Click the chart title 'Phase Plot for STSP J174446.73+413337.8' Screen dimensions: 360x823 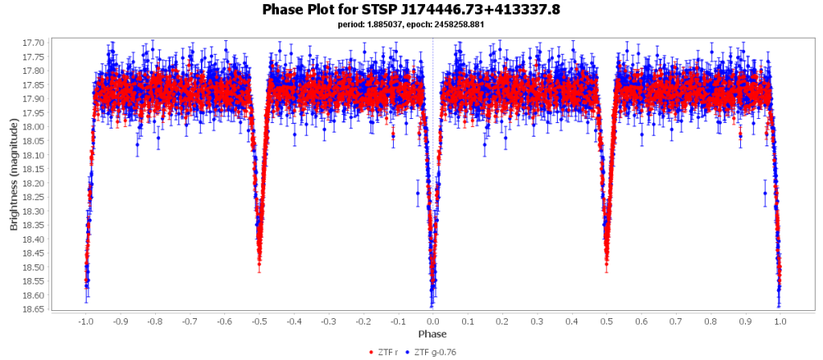pos(411,10)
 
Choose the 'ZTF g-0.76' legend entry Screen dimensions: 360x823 pos(434,352)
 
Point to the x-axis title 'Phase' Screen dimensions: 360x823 pos(432,333)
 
